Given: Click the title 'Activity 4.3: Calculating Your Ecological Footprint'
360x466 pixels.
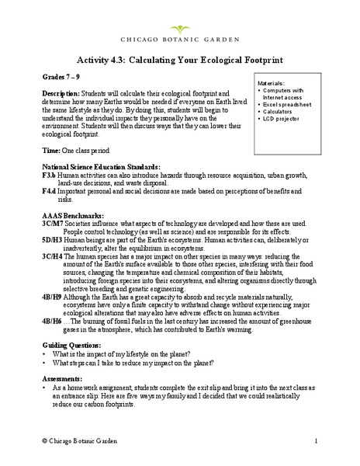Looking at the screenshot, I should click(x=179, y=58).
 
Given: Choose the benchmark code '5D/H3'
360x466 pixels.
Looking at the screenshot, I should click(x=53, y=251).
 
